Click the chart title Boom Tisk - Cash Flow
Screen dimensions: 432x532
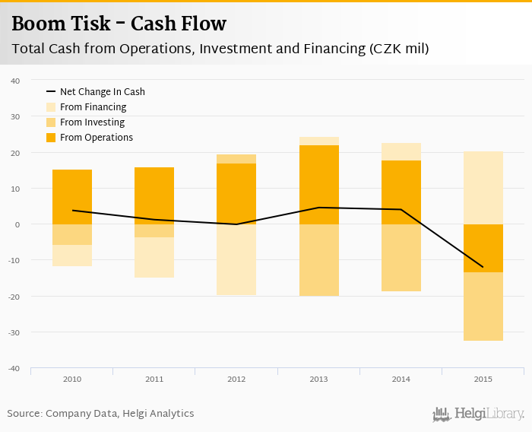tap(119, 24)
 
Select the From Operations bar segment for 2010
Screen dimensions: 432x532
tap(72, 197)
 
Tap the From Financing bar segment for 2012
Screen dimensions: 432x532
tap(236, 259)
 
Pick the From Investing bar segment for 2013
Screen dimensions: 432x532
tap(318, 260)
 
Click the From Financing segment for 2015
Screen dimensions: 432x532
tap(483, 188)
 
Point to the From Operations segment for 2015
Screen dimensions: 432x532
tap(483, 248)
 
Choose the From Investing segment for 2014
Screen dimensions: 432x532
tap(401, 258)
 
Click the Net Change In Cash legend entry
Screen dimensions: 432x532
tap(102, 92)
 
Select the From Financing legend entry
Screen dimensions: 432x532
tap(93, 107)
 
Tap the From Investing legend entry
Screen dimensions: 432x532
tap(92, 122)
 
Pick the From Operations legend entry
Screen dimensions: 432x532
tap(96, 138)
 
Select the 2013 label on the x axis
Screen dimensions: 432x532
tap(318, 379)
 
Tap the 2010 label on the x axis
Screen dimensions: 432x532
tap(72, 379)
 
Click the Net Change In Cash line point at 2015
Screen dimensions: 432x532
tap(483, 267)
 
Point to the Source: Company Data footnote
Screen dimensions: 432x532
tap(100, 414)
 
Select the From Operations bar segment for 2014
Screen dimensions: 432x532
tap(401, 192)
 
